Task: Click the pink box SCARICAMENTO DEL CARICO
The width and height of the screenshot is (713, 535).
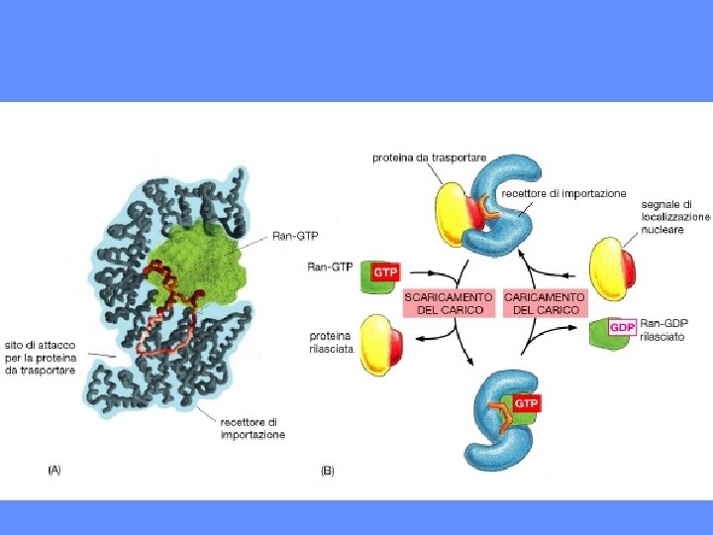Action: click(449, 303)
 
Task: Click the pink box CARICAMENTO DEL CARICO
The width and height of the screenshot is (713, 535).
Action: click(545, 303)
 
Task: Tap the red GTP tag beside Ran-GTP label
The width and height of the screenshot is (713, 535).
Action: click(384, 270)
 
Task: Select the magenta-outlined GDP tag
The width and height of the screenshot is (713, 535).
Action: click(623, 327)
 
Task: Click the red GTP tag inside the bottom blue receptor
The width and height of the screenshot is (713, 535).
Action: click(525, 404)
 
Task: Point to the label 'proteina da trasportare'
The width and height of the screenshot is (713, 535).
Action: click(429, 158)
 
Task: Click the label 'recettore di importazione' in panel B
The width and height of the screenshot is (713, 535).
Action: click(563, 194)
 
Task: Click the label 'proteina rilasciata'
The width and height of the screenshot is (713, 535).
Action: click(331, 342)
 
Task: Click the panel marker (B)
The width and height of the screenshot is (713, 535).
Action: click(328, 471)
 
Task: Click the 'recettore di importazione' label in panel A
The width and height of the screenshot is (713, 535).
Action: click(252, 429)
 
